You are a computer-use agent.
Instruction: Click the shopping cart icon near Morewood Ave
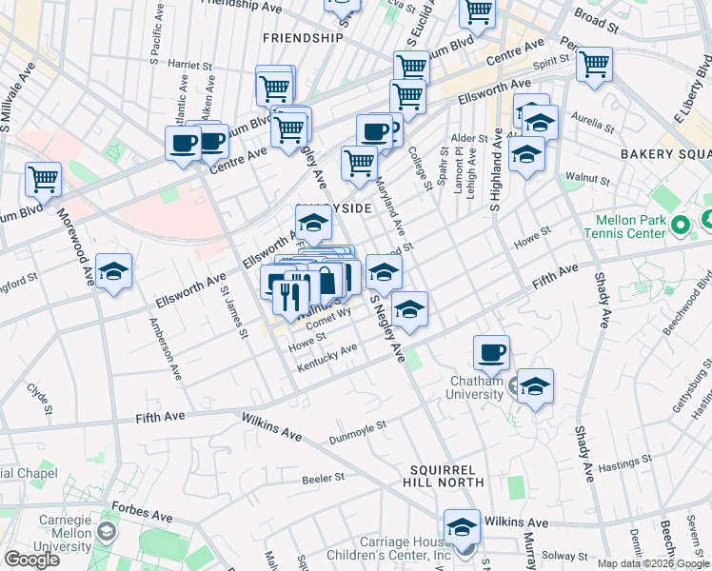(43, 178)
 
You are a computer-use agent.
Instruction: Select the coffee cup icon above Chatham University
(491, 352)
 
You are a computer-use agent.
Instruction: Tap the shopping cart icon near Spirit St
(594, 65)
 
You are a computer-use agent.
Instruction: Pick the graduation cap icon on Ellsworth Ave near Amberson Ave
(113, 273)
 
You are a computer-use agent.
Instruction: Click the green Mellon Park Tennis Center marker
(680, 226)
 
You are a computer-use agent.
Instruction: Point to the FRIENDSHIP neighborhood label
(302, 38)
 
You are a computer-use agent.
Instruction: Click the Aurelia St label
(592, 119)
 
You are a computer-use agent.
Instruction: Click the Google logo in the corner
(31, 560)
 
